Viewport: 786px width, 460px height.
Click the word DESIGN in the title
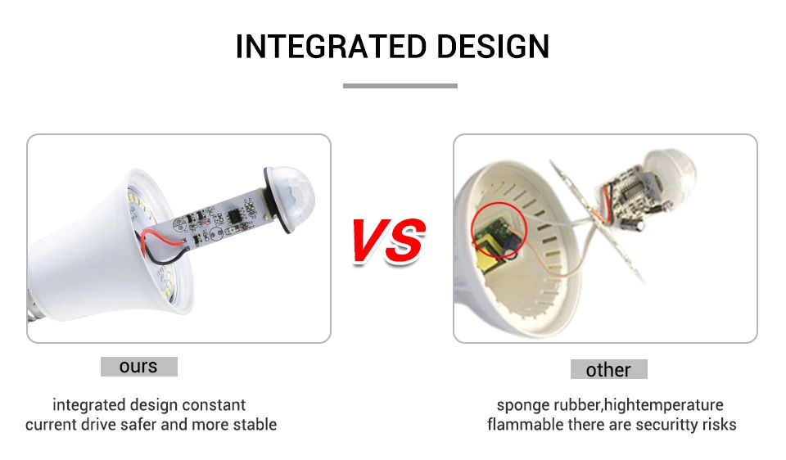click(x=493, y=47)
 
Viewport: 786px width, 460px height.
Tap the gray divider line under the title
click(x=400, y=86)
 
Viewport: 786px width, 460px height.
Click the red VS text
click(x=388, y=241)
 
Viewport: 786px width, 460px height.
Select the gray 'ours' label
click(x=139, y=367)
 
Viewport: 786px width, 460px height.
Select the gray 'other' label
click(x=608, y=369)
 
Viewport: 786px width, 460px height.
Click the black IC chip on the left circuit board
click(x=234, y=216)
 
